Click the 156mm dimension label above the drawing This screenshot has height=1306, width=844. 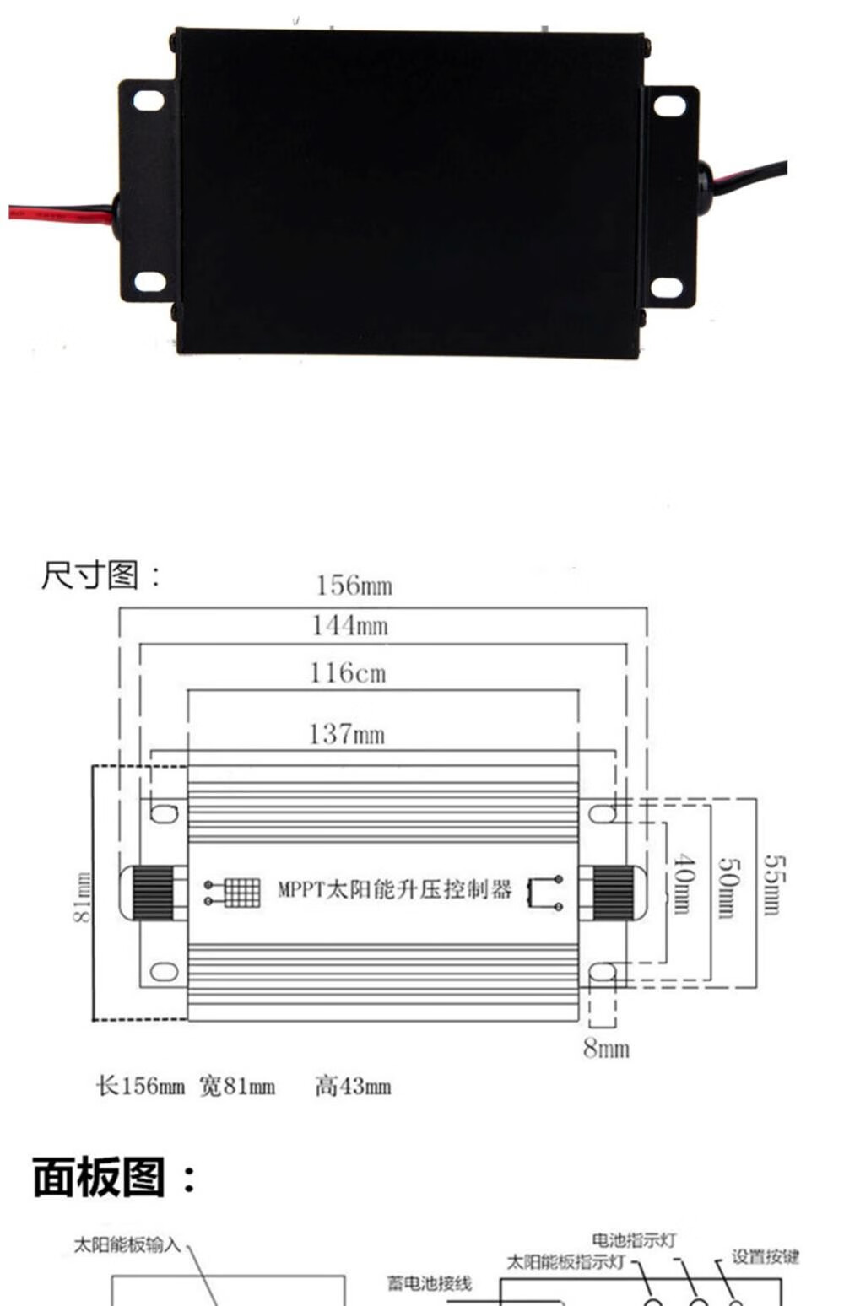coord(354,586)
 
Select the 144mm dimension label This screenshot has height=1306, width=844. coord(350,626)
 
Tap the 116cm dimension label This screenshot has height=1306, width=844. coord(348,672)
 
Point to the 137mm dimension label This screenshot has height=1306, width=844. coord(347,734)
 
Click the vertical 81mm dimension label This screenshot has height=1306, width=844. coord(82,898)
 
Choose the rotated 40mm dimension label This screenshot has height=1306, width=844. coord(684,884)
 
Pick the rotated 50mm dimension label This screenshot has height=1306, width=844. coord(728,888)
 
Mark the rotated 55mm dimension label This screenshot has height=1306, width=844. coord(776,885)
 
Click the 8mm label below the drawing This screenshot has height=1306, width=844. coord(606,1049)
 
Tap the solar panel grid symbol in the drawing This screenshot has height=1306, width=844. coord(233,892)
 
